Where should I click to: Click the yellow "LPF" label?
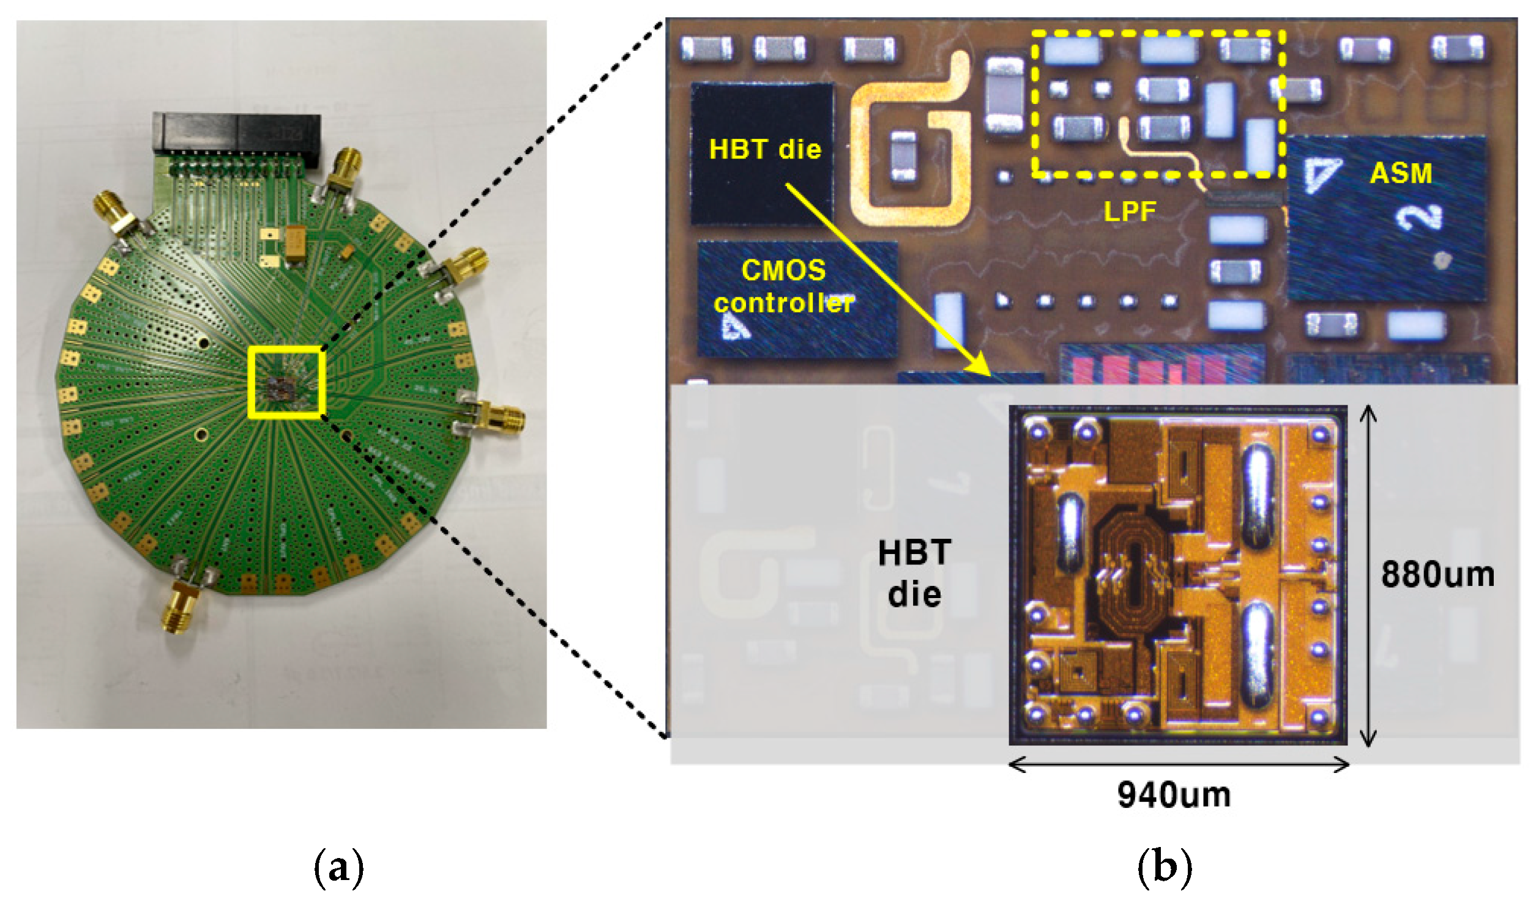(x=1129, y=212)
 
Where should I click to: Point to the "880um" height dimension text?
(x=1437, y=575)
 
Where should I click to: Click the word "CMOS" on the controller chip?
(x=783, y=270)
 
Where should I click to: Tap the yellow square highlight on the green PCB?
(x=286, y=382)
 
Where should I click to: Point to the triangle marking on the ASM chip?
(x=1321, y=175)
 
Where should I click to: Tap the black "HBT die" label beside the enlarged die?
(x=914, y=574)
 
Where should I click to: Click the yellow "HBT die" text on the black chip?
(x=764, y=150)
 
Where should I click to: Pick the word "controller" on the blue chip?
(x=783, y=303)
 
